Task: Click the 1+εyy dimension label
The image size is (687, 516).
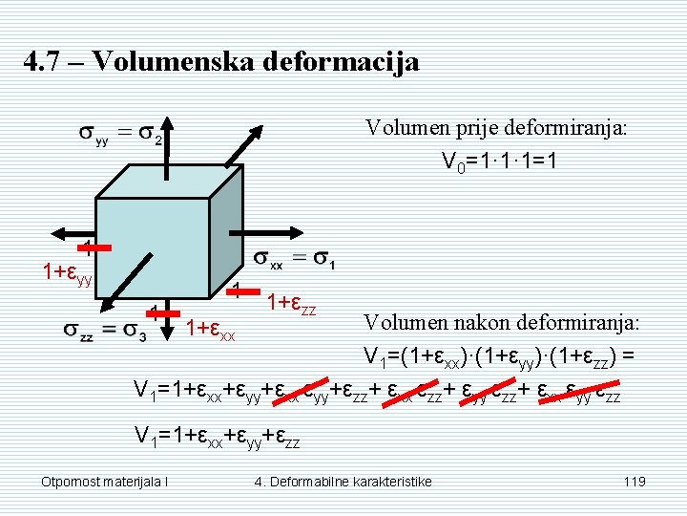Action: pyautogui.click(x=66, y=273)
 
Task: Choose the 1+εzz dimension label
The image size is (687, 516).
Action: pyautogui.click(x=291, y=306)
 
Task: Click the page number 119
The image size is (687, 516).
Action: pyautogui.click(x=635, y=481)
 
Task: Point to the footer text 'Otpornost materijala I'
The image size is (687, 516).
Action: pyautogui.click(x=105, y=481)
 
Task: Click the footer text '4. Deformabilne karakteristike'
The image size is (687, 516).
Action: pyautogui.click(x=343, y=481)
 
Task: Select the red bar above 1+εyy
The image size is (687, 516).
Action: pyautogui.click(x=95, y=249)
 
